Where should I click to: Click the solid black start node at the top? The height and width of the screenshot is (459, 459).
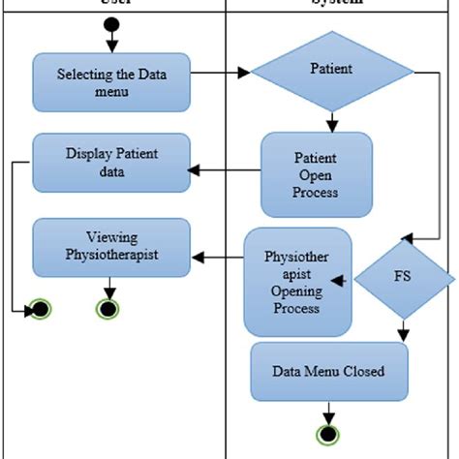[112, 23]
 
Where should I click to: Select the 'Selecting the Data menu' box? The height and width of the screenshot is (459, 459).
[109, 81]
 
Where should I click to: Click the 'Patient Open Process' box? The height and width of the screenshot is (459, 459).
[316, 174]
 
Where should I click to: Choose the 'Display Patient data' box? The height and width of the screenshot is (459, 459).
[110, 162]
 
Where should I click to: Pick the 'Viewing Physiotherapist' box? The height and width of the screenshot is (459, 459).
[110, 246]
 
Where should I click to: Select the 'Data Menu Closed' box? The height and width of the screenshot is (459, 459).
[328, 371]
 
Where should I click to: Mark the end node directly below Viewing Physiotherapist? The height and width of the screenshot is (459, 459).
[110, 310]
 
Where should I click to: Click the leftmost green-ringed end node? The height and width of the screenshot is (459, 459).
[41, 310]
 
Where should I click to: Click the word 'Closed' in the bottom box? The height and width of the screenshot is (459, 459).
[364, 371]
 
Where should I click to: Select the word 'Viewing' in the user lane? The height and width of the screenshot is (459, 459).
[111, 237]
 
